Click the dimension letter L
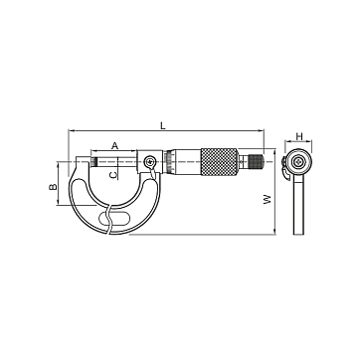click(162, 125)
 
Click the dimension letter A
click(114, 145)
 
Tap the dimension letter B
click(53, 187)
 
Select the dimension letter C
click(113, 175)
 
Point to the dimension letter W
click(268, 199)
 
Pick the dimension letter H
click(299, 136)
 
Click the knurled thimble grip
click(220, 162)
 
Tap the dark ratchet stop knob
click(257, 161)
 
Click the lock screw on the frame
click(150, 162)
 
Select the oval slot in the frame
click(114, 218)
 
